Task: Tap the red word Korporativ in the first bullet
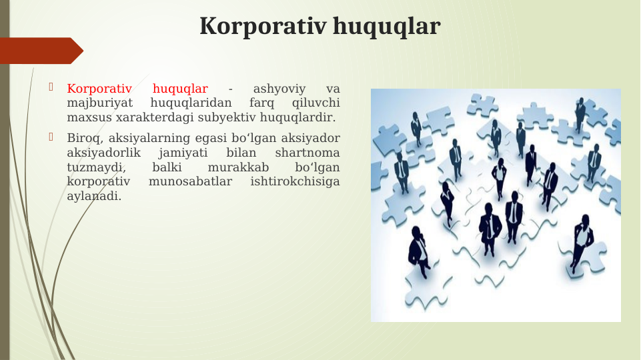99,89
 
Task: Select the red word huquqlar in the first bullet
180,89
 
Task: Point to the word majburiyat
100,103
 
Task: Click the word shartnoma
307,153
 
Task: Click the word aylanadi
94,196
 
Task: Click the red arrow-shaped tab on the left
40,51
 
